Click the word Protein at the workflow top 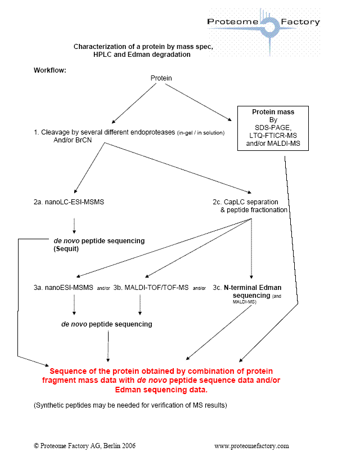coord(161,78)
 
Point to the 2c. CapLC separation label coord(247,201)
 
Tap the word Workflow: coord(50,70)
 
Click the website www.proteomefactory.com coord(251,445)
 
